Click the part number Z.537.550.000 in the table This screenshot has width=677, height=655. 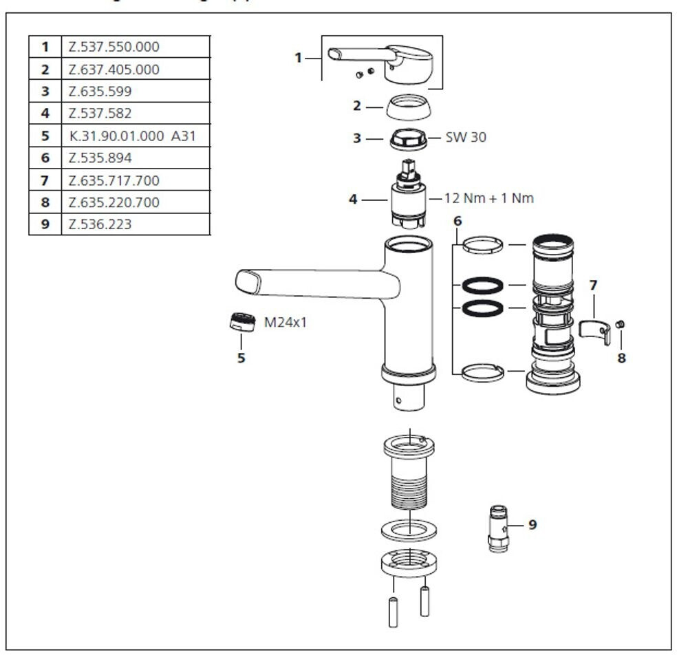click(x=114, y=47)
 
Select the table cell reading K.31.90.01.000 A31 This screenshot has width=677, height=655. click(x=133, y=136)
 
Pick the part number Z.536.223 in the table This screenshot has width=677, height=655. click(x=100, y=224)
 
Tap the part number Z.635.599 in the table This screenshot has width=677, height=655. click(x=100, y=92)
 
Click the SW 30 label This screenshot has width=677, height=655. click(x=465, y=137)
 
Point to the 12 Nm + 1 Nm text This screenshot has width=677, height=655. click(x=488, y=198)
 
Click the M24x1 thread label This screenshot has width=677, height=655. click(x=286, y=321)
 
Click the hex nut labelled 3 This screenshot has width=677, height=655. click(x=405, y=138)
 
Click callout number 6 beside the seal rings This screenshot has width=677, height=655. click(x=457, y=221)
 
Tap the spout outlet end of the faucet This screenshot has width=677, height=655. click(x=248, y=281)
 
